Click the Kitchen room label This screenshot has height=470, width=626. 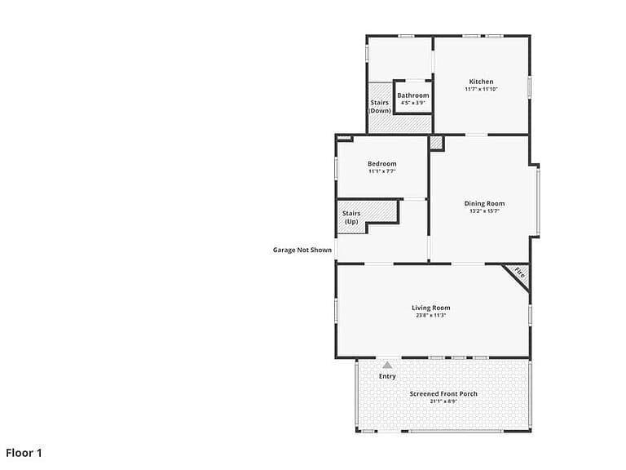(x=481, y=82)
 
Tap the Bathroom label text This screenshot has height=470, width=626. (x=412, y=95)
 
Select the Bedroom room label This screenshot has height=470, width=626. (x=382, y=164)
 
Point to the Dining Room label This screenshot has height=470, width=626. (x=484, y=203)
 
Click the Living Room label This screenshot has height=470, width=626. (x=430, y=308)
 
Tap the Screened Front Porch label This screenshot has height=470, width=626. (x=443, y=393)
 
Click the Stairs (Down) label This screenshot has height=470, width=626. (x=379, y=106)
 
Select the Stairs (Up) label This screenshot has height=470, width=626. (x=351, y=217)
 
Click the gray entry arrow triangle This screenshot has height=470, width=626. (x=387, y=365)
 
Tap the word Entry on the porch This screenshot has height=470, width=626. (x=387, y=376)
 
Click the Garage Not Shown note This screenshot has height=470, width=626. (x=302, y=250)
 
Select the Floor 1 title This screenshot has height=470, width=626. (x=24, y=453)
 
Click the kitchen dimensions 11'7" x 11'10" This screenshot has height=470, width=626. (x=481, y=89)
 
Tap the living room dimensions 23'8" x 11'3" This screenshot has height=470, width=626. (x=430, y=315)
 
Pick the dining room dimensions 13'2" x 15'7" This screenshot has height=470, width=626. (x=484, y=211)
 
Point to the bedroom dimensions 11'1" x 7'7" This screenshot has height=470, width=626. (x=382, y=171)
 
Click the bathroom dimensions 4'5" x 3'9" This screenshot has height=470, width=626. (x=412, y=103)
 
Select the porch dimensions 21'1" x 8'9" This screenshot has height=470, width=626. (x=443, y=401)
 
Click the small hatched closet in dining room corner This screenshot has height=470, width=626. (x=437, y=144)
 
